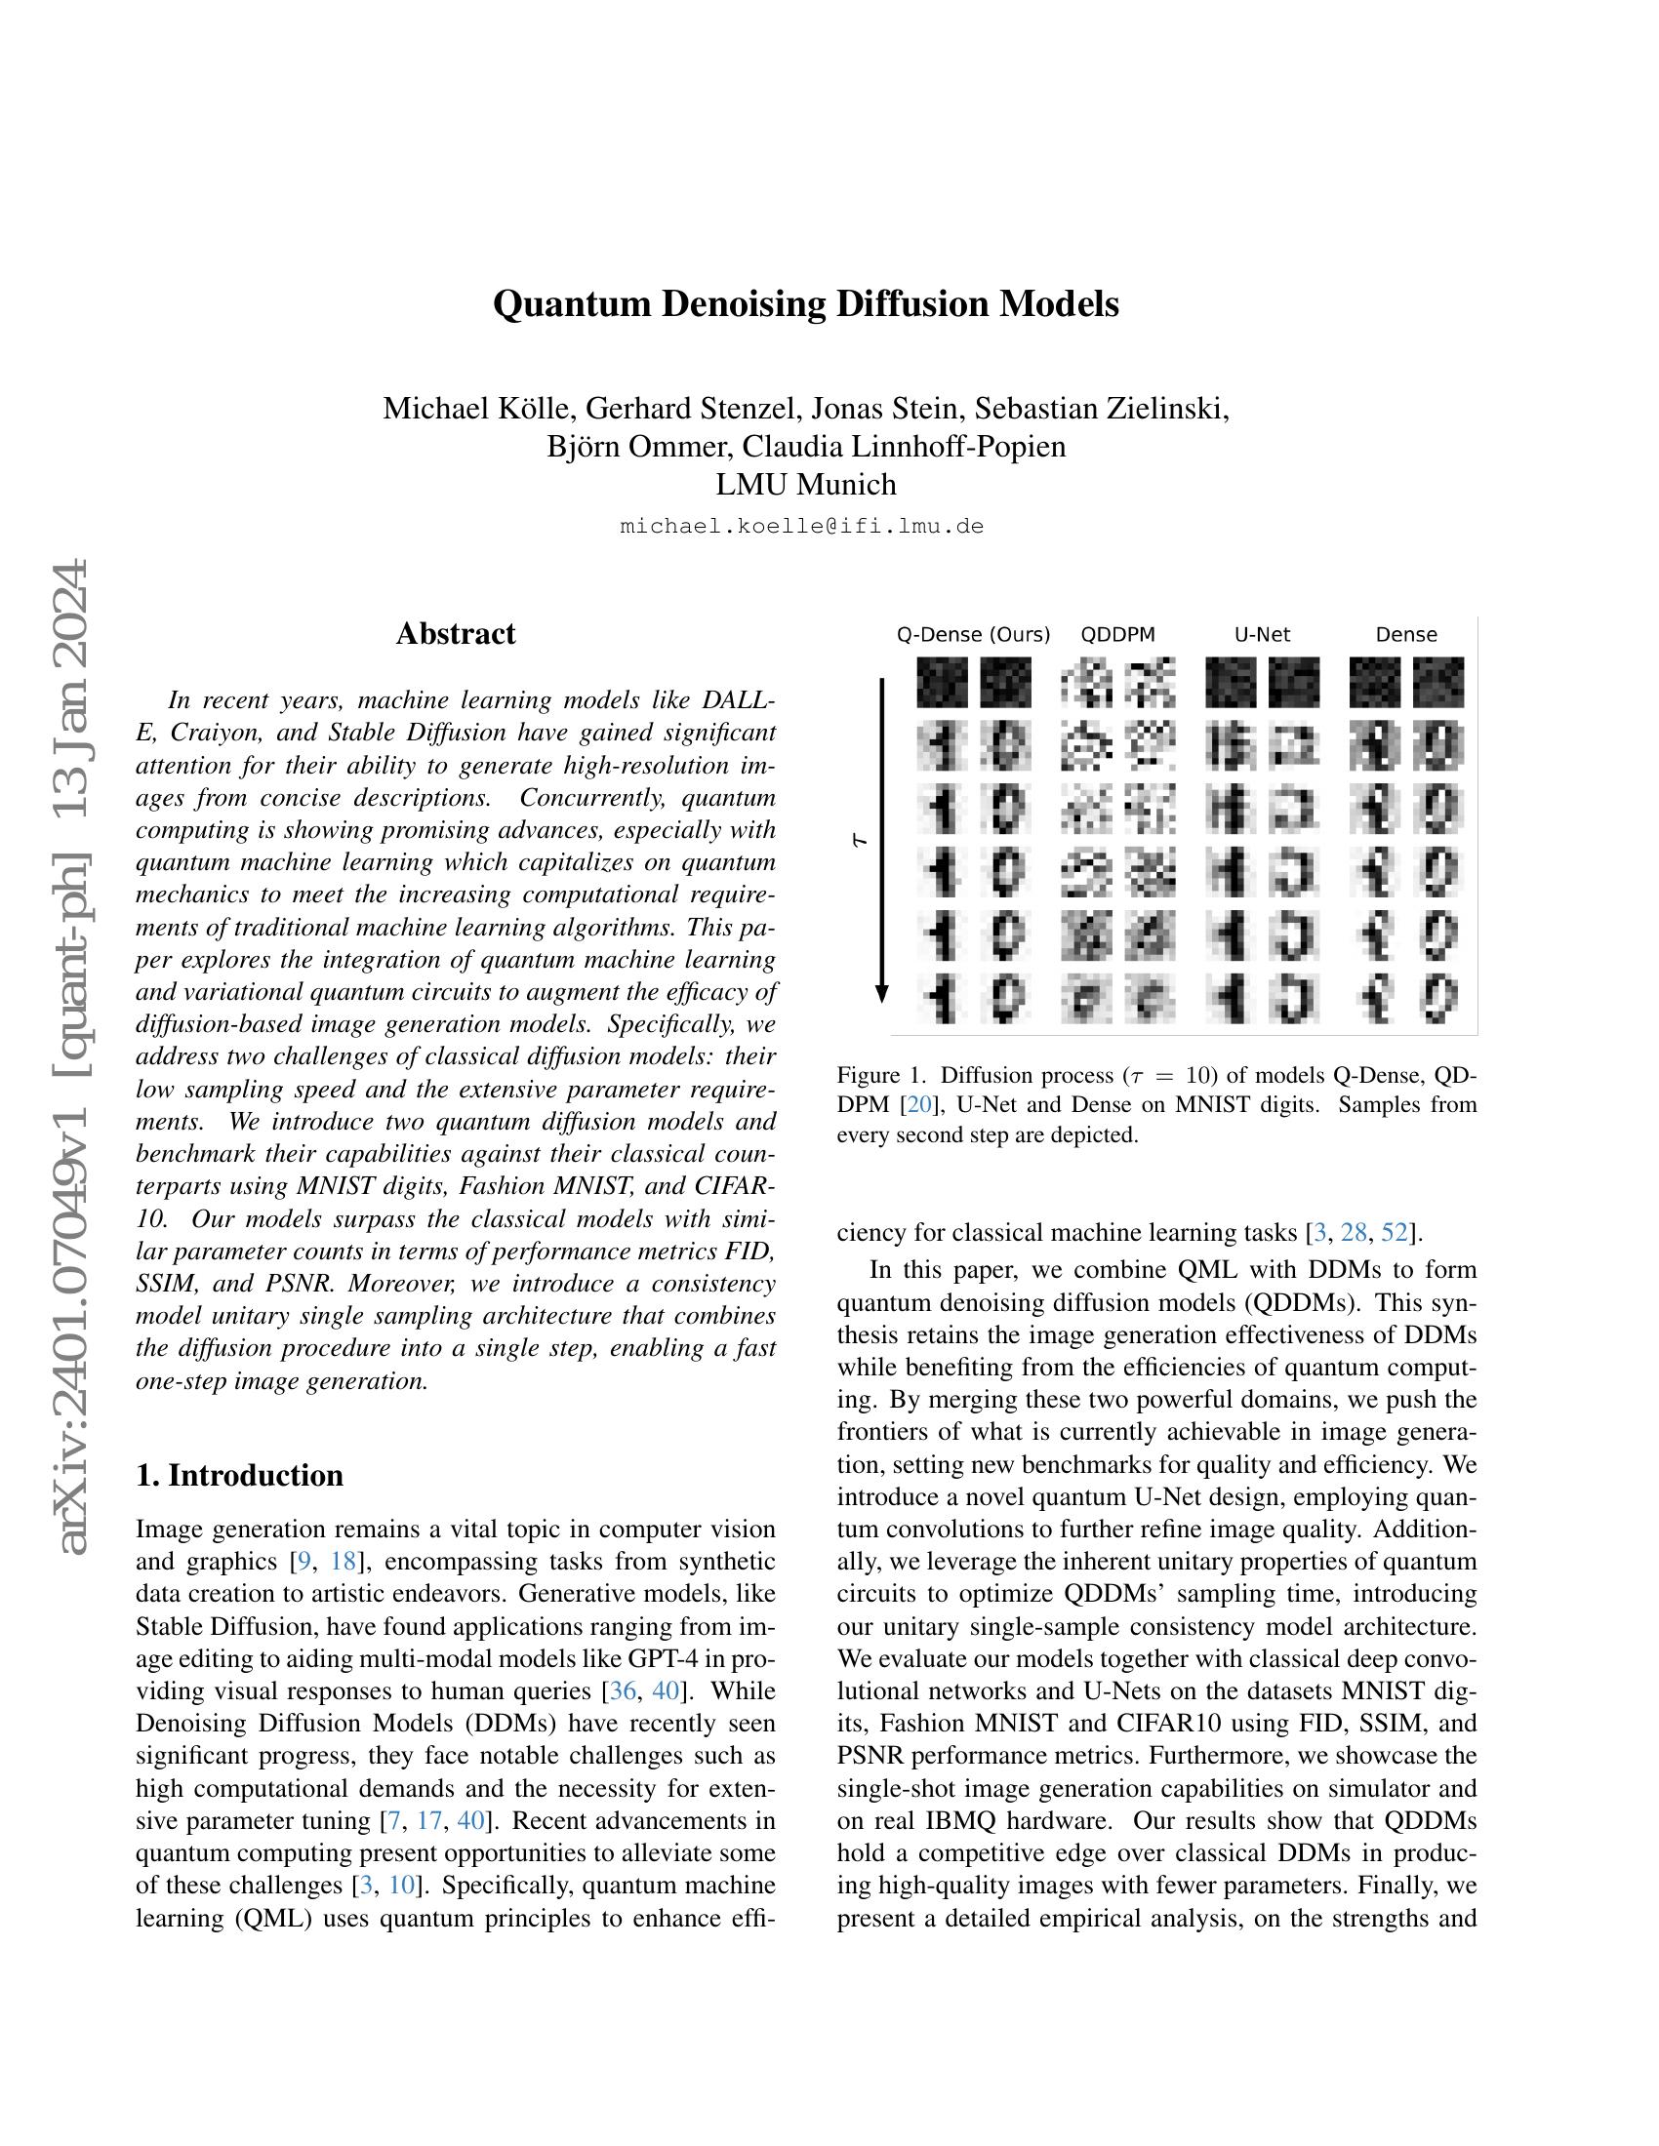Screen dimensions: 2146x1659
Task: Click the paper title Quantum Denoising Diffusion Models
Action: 805,304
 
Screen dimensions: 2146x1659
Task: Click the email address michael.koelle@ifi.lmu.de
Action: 802,526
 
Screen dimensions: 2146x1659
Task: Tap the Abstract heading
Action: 455,634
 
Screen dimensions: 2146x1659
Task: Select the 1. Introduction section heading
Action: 240,1475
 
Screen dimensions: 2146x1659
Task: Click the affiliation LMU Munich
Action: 805,485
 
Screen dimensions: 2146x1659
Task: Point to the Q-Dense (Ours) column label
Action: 972,635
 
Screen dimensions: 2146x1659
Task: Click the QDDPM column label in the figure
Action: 1117,635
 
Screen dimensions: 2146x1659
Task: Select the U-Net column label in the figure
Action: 1262,635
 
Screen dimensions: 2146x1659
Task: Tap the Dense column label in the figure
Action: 1405,635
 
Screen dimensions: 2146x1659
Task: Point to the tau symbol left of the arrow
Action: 860,840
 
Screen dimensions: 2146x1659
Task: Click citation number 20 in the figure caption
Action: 920,1104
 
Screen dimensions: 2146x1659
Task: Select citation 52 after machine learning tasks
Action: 1394,1232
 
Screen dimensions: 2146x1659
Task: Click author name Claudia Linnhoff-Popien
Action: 904,446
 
